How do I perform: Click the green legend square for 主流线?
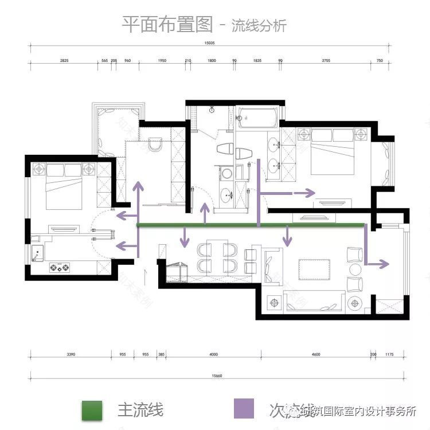coord(92,409)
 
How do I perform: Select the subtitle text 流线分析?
coord(258,26)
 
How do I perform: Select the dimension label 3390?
coord(71,355)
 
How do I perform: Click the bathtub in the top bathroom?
coord(257,118)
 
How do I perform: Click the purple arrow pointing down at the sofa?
coord(286,237)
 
